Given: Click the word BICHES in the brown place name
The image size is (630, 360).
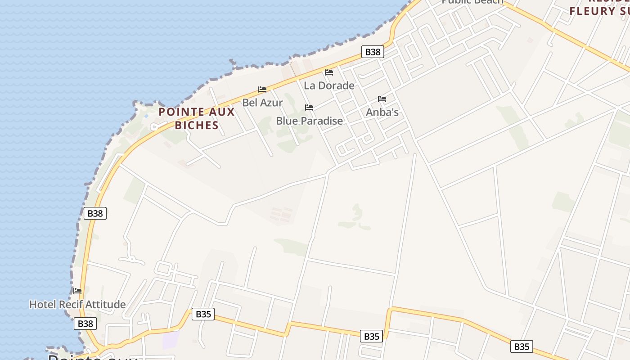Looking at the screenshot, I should (x=197, y=125).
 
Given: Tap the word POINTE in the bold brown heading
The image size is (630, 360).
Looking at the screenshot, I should (x=179, y=112).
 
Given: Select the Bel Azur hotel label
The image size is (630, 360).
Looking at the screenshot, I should (x=262, y=103).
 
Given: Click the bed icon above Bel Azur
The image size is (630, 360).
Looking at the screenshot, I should (x=262, y=90).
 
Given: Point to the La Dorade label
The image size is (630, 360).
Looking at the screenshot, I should (x=329, y=85).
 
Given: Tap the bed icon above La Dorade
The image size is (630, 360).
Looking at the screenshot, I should (x=329, y=72).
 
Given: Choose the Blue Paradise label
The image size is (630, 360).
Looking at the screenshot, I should (x=309, y=121).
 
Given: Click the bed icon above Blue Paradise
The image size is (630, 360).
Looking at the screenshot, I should (x=309, y=108).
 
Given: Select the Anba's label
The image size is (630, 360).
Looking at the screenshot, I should (x=382, y=112).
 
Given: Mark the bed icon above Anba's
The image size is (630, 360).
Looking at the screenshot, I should (x=382, y=99).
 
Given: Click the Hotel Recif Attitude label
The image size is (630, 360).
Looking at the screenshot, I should (x=77, y=304).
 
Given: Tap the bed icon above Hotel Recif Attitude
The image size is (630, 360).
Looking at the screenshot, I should (x=77, y=291).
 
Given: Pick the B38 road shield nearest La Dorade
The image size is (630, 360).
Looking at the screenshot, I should (x=373, y=52).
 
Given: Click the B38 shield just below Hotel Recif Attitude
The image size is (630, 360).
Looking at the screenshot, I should (x=85, y=323).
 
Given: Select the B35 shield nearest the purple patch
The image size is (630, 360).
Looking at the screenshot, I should (x=203, y=314).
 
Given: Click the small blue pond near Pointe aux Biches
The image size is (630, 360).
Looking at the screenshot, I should (x=146, y=116).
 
